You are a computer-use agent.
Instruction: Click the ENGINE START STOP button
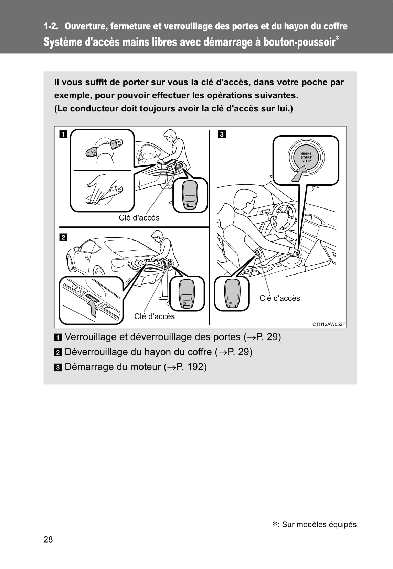pos(306,157)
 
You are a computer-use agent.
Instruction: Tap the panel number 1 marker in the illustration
pos(63,134)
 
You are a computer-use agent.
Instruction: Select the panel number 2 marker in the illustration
pos(63,237)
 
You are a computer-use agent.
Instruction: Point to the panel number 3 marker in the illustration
pos(222,134)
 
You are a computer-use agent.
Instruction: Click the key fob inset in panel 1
pos(190,195)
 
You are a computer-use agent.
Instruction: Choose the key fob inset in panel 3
pos(232,293)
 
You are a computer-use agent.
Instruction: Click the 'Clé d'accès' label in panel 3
pos(279,298)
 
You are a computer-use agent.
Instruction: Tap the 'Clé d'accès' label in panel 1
pos(139,218)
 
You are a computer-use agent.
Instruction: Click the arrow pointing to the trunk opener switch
pos(93,307)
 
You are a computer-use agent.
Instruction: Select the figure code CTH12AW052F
pos(329,324)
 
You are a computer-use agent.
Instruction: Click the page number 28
pos(48,539)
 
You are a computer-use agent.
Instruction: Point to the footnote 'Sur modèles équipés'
pos(319,525)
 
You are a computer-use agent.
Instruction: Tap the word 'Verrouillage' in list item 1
pos(91,337)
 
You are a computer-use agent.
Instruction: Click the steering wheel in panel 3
pos(283,216)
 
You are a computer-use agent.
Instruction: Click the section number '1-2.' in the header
pos(51,26)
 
